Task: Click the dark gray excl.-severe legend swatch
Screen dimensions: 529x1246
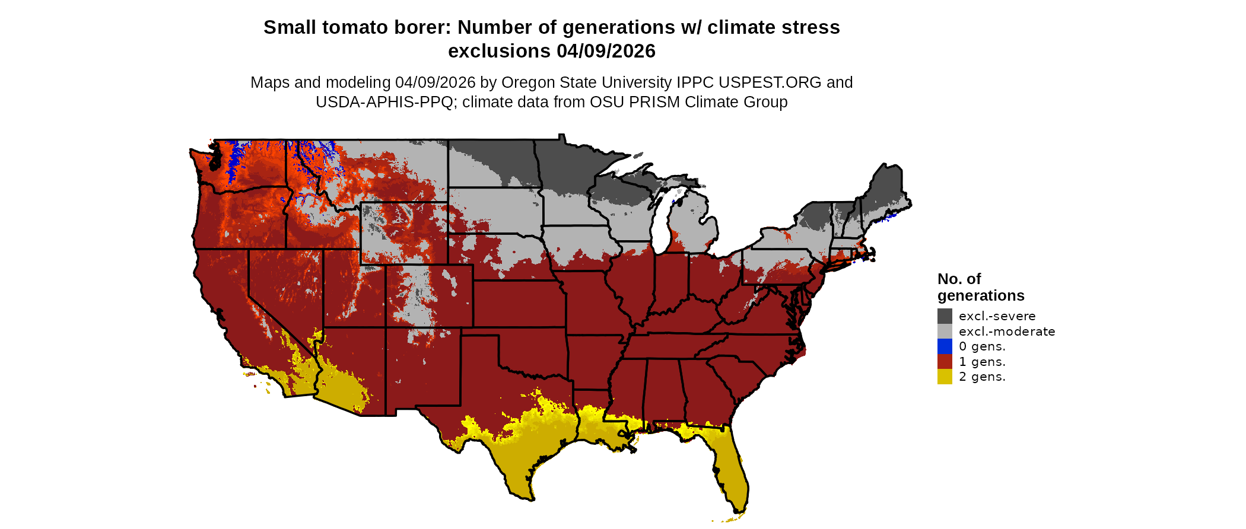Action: coord(945,316)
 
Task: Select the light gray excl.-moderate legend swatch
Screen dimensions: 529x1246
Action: coord(945,332)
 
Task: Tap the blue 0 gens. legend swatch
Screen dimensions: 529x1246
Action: coord(945,346)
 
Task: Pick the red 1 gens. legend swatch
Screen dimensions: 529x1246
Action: coord(945,362)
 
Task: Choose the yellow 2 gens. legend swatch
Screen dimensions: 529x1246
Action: coord(945,377)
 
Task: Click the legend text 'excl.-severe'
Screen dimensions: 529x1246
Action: coord(997,316)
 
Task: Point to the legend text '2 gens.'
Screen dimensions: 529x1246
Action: coord(982,377)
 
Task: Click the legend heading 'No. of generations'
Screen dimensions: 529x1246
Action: coord(980,287)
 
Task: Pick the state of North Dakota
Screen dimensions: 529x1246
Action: coord(492,163)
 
